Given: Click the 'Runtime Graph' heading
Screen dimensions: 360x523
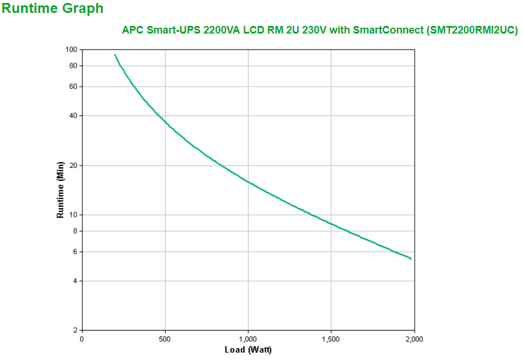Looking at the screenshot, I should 53,9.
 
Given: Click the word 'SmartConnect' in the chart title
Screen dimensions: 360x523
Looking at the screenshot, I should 390,30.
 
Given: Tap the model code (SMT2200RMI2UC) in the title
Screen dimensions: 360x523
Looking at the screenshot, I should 472,30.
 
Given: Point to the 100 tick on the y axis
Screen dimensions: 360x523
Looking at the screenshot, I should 71,49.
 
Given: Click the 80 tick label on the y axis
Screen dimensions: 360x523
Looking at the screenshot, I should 73,66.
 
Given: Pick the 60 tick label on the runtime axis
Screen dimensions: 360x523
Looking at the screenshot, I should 73,87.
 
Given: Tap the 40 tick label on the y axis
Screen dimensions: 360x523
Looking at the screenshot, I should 73,115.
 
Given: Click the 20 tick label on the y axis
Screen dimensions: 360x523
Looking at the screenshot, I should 73,166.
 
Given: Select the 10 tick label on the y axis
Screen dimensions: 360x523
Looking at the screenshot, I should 73,215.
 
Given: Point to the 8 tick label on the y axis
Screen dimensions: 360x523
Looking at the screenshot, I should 75,231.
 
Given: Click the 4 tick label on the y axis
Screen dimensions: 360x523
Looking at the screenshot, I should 75,281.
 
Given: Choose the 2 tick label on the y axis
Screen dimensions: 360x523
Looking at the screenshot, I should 75,331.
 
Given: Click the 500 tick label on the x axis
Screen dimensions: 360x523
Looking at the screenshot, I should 165,339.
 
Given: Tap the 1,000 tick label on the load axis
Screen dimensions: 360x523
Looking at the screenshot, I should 248,339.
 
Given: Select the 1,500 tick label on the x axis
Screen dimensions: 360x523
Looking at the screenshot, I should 331,339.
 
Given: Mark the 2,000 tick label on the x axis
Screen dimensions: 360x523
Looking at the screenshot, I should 414,339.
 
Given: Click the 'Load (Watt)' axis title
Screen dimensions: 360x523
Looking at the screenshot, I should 248,350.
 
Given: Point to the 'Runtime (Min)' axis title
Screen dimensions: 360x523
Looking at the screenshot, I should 60,190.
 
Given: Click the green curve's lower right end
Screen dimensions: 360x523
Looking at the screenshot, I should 411,259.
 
